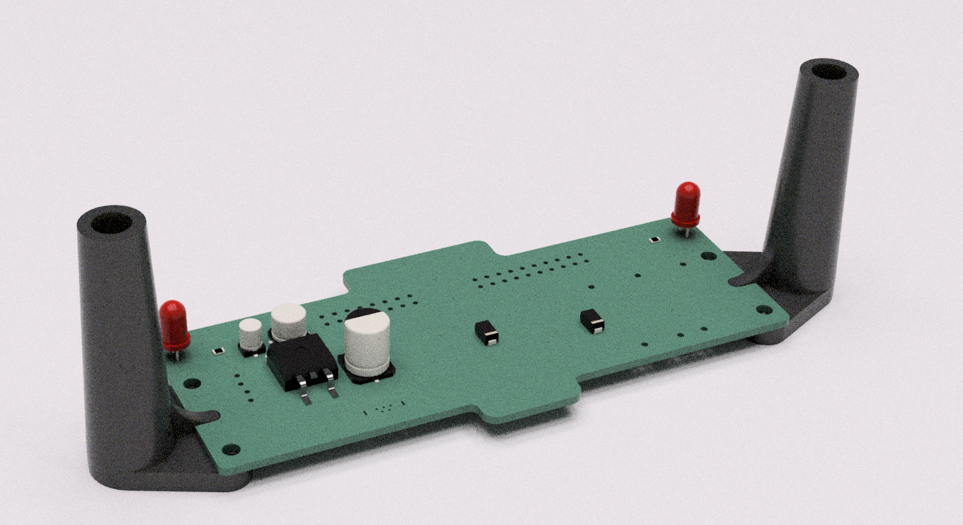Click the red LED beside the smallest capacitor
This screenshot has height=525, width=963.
(x=174, y=323)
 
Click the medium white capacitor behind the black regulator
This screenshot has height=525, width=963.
(x=288, y=321)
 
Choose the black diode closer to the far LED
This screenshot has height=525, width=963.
(x=593, y=321)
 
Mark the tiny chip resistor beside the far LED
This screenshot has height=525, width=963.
(x=654, y=239)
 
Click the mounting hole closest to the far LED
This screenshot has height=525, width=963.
(x=708, y=256)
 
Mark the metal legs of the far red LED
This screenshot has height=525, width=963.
(x=687, y=231)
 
